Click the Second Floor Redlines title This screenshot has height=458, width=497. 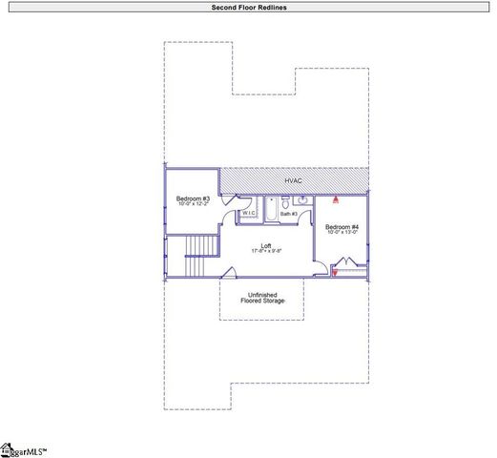pyautogui.click(x=248, y=7)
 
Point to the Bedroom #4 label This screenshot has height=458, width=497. pyautogui.click(x=342, y=226)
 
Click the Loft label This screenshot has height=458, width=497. pyautogui.click(x=266, y=244)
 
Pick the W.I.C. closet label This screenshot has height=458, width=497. pyautogui.click(x=248, y=213)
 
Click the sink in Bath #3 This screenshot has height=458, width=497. pyautogui.click(x=301, y=200)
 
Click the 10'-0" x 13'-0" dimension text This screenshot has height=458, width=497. pyautogui.click(x=342, y=233)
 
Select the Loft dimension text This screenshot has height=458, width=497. pyautogui.click(x=266, y=251)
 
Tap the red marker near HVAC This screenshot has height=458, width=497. pyautogui.click(x=336, y=200)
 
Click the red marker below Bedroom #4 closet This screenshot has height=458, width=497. pyautogui.click(x=335, y=274)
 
